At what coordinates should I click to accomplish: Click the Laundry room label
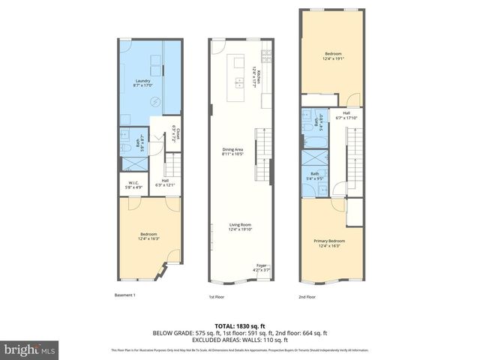point(142,82)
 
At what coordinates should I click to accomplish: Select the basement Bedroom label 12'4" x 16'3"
point(148,237)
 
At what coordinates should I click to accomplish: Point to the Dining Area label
point(233,151)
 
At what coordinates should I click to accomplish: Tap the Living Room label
point(240,226)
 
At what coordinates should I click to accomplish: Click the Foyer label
point(261,267)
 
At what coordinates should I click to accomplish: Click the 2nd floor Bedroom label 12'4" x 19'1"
point(333,56)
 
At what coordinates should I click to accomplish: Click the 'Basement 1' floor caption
point(124,295)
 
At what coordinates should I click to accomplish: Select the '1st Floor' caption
point(216,297)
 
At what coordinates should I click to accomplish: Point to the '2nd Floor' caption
point(307,297)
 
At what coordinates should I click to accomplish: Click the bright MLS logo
point(30,349)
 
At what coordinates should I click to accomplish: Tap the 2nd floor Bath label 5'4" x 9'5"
point(315,177)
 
